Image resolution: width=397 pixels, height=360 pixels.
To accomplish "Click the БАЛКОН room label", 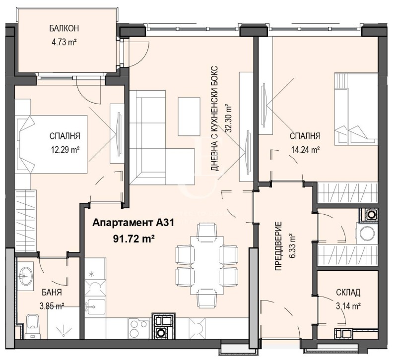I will click(64, 28).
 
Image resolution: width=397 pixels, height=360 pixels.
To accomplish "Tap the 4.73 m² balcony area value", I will click(64, 42).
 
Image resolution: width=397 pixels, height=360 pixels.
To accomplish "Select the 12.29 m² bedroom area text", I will click(65, 149).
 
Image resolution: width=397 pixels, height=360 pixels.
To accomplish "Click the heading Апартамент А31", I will click(133, 224).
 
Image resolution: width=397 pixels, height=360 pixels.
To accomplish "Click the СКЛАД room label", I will click(347, 293).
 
